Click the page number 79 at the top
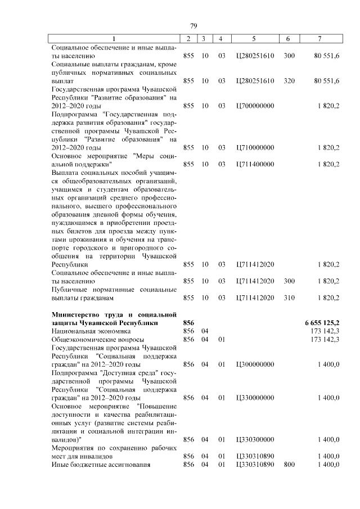(193, 26)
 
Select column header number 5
(254, 39)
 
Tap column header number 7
(319, 39)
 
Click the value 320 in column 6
(289, 81)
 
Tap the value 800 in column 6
(289, 465)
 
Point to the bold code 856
(188, 323)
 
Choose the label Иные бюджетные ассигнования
(101, 465)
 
